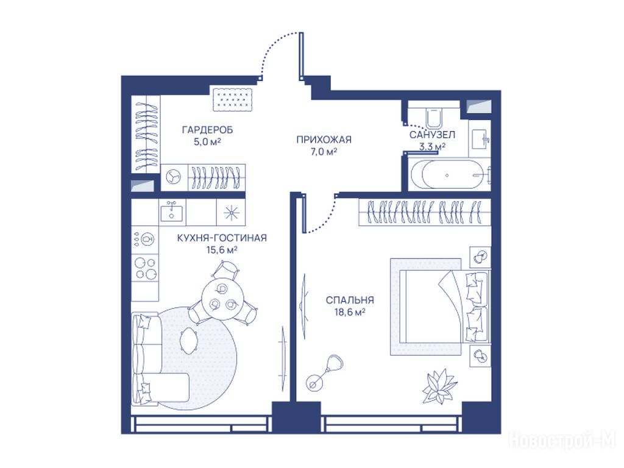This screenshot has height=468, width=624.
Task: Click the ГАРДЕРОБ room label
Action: (207, 130)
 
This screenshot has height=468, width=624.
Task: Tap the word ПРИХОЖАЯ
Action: (324, 140)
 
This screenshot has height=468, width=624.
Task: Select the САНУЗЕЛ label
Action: (432, 135)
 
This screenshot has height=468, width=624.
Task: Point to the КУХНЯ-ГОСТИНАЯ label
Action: (222, 238)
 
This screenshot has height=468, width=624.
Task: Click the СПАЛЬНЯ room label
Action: (350, 300)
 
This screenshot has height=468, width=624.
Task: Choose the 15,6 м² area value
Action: (222, 250)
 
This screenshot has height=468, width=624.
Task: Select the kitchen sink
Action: (172, 211)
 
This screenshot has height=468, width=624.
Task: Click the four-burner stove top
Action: (145, 268)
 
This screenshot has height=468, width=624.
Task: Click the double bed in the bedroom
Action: (444, 307)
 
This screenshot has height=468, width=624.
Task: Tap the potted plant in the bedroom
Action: (439, 386)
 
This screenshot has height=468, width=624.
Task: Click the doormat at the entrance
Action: (233, 99)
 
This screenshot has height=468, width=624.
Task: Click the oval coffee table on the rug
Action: (190, 340)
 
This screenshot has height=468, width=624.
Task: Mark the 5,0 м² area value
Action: (207, 142)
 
